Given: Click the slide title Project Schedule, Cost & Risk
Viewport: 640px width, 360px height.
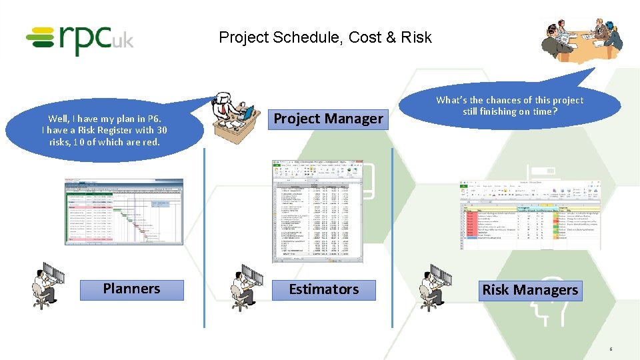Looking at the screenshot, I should [325, 37].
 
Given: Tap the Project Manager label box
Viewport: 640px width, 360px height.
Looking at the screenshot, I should [329, 119].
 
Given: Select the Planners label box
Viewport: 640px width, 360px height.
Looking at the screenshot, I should [131, 289].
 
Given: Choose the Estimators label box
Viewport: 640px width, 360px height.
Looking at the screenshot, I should [323, 290].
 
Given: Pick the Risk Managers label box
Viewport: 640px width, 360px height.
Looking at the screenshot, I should [530, 291].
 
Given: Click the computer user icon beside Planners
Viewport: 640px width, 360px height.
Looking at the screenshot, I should [48, 285].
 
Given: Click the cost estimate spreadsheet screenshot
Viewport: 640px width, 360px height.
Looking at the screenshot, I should [317, 211].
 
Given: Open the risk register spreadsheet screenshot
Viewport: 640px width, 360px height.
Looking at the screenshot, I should [530, 215].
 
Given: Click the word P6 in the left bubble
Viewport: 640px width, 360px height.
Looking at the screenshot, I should [153, 119].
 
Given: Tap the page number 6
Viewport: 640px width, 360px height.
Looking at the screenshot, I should [610, 349].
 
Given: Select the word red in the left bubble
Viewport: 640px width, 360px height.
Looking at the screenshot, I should [153, 142].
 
